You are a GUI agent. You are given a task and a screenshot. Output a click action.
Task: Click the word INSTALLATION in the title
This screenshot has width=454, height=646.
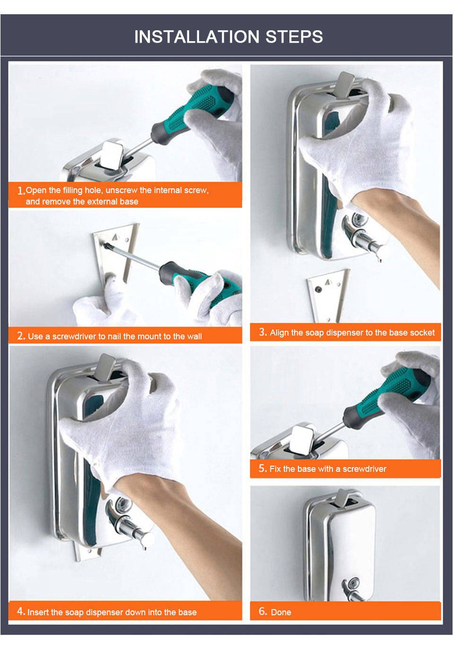197,37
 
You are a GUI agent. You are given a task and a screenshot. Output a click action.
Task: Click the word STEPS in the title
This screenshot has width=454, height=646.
294,37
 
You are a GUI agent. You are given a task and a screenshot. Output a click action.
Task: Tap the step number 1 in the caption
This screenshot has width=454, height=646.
20,191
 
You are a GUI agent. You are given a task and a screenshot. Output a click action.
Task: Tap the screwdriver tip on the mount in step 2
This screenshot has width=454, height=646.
106,245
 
